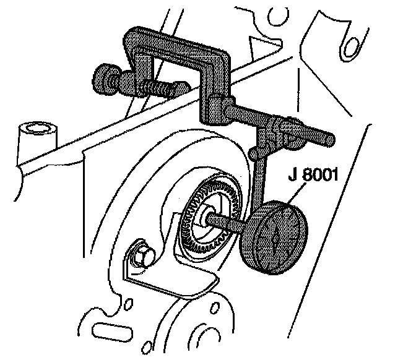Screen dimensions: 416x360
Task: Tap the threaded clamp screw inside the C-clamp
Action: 158,87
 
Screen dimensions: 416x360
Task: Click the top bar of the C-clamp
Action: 173,43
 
